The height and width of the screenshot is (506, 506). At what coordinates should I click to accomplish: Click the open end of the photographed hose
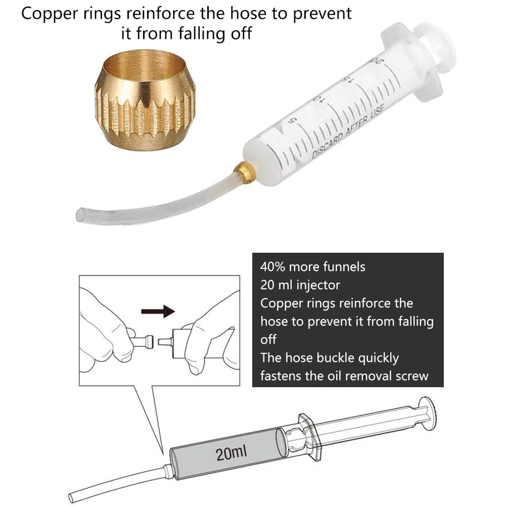tap(80, 215)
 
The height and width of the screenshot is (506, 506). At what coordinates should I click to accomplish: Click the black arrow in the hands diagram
tap(158, 311)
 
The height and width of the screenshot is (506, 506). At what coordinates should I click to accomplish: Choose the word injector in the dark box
tap(318, 286)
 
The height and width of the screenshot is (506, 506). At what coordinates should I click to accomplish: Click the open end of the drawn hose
tap(72, 497)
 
